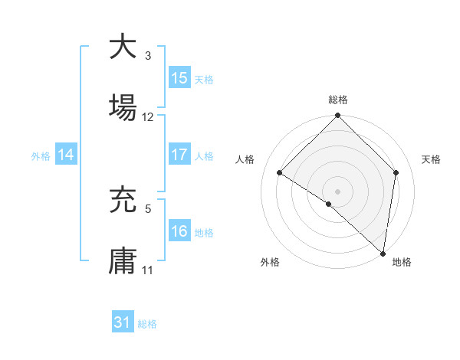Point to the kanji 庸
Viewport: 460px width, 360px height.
(123, 260)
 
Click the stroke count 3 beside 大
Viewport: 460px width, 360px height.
(148, 56)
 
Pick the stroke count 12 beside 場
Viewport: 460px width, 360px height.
(148, 117)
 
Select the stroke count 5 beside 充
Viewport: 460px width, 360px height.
(148, 208)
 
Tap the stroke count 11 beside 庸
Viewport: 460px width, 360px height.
(148, 270)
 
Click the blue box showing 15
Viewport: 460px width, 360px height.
(179, 78)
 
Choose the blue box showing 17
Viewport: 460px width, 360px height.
(179, 155)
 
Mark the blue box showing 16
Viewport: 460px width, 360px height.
(179, 231)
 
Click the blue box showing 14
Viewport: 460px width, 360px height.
(66, 155)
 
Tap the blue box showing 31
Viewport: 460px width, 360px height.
(123, 322)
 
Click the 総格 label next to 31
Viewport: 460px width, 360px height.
(147, 324)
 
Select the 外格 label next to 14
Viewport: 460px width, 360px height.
(41, 155)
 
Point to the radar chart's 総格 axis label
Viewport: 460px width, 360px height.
(337, 100)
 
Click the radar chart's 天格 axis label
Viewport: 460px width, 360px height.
(431, 159)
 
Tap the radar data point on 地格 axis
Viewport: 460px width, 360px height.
(382, 252)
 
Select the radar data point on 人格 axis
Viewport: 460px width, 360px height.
(280, 173)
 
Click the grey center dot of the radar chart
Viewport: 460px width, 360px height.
(337, 191)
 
